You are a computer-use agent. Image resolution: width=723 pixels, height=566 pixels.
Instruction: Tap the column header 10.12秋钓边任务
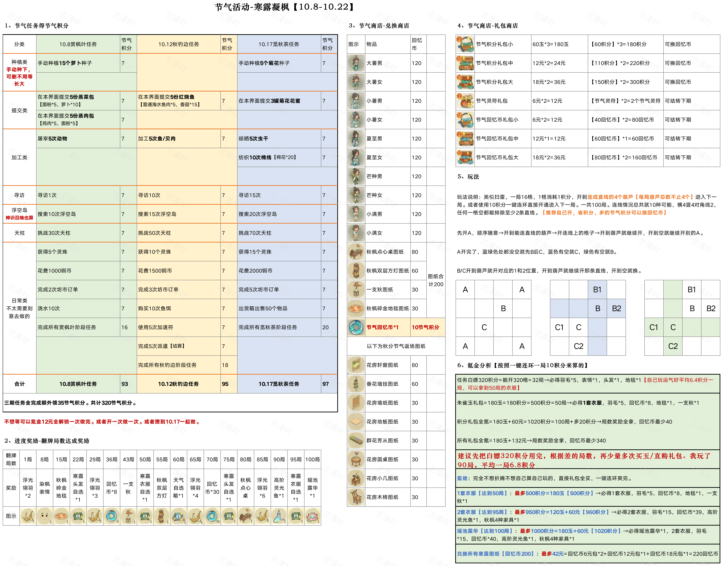coord(178,44)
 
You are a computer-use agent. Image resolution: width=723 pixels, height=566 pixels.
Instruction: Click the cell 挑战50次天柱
coord(154,233)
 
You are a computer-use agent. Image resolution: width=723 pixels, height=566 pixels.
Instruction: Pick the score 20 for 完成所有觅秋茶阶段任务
coord(325,327)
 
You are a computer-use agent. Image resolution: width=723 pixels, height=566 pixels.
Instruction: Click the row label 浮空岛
coord(19,210)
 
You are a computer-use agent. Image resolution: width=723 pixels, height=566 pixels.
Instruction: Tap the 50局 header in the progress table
coord(145,459)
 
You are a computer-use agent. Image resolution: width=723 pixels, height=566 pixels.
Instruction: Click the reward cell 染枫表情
coord(44,488)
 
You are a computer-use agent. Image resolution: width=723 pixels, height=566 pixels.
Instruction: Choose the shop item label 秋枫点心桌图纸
coord(385,252)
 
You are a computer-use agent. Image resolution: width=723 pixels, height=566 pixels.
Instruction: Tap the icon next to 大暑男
coord(356,63)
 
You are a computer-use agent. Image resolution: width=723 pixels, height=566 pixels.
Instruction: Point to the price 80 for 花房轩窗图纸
coord(415,365)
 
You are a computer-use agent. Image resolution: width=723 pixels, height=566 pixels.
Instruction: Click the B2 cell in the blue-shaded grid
coord(616,309)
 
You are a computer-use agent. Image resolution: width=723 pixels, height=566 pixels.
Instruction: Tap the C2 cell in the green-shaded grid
coord(673,346)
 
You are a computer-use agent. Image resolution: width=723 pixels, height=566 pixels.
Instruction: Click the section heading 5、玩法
coord(468,177)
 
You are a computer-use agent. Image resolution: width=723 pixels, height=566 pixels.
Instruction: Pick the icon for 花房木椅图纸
coord(356,497)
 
